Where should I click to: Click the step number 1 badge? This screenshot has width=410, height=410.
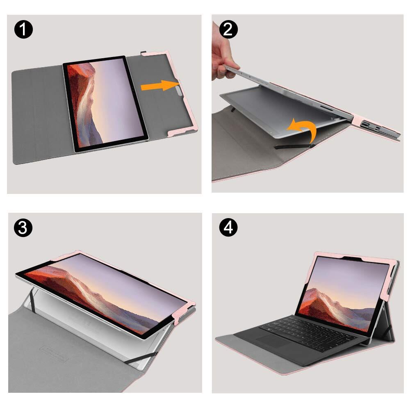(x=23, y=29)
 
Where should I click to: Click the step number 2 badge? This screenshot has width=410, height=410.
(x=228, y=29)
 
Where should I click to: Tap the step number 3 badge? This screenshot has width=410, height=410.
(x=23, y=227)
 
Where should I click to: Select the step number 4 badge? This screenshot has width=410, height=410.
(x=228, y=227)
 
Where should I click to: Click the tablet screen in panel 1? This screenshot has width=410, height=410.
(x=106, y=103)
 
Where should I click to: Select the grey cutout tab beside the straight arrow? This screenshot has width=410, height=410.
(x=179, y=91)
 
